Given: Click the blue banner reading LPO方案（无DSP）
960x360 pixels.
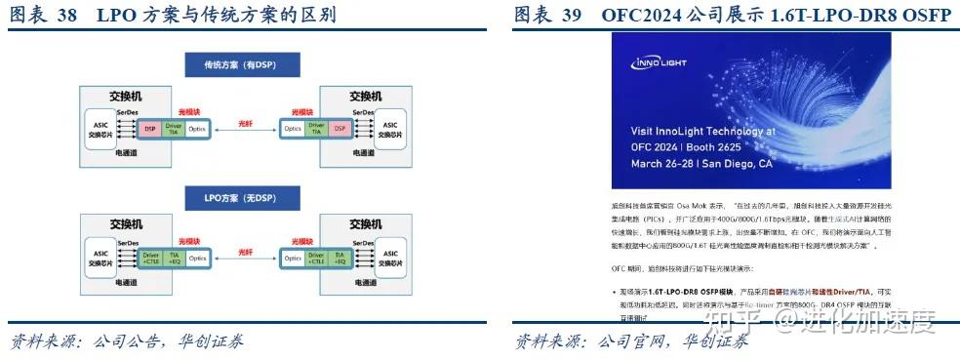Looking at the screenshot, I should pos(238,199).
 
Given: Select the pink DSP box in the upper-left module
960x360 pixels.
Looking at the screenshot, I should pos(150,128).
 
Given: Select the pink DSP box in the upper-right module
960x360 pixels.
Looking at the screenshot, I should pos(339,128).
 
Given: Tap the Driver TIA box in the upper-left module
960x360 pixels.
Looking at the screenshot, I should pos(174,128).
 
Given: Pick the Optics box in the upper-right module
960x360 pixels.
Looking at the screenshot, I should pos(292,128).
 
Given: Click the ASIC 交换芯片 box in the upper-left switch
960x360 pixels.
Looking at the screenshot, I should pos(98,128).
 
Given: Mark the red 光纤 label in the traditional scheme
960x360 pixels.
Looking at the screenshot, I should pos(244,124).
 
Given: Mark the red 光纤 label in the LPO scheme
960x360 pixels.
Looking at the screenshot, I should pos(244,252).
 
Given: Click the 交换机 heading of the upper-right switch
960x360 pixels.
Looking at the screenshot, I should pos(370,97).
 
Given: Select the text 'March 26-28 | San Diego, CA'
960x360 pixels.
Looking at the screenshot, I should pos(701,165).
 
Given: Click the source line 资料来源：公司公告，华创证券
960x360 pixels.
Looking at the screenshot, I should pos(127,341).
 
